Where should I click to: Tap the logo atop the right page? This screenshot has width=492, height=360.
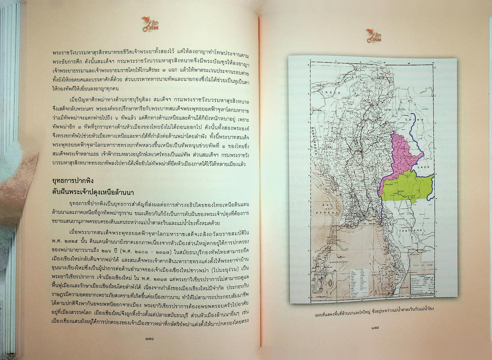[373, 36]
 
